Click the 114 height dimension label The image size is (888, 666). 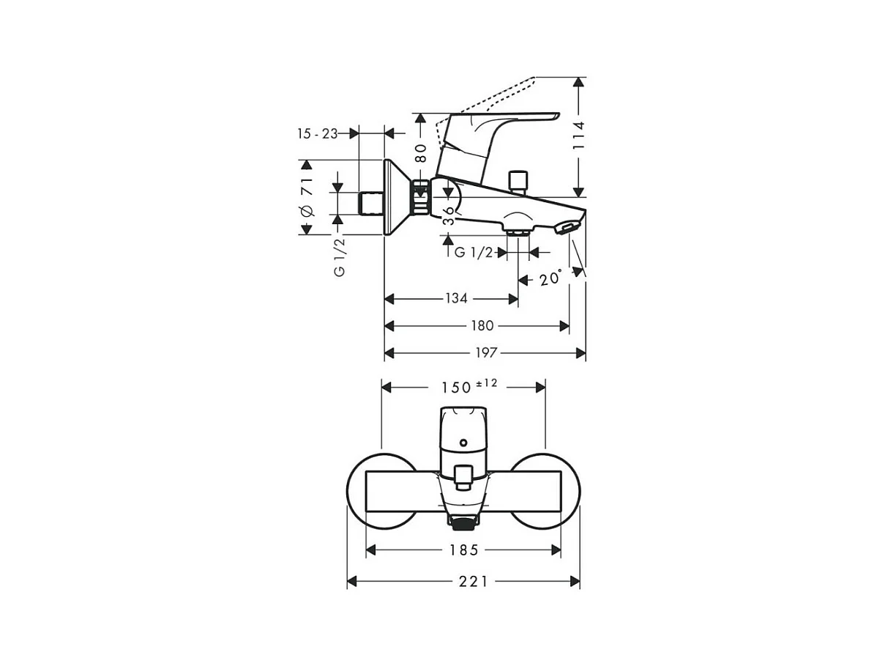579,136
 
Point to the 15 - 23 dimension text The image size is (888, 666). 317,133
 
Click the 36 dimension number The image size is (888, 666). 448,215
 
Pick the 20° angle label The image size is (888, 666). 551,278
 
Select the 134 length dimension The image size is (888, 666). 456,298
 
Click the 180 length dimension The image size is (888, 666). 482,325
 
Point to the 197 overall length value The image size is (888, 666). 485,353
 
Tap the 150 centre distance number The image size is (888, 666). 456,388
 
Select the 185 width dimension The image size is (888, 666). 463,550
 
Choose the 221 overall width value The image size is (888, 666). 474,581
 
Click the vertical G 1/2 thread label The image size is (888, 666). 339,256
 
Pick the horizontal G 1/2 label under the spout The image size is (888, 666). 473,253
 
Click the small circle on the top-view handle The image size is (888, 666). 463,443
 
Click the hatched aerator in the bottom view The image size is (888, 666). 462,522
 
